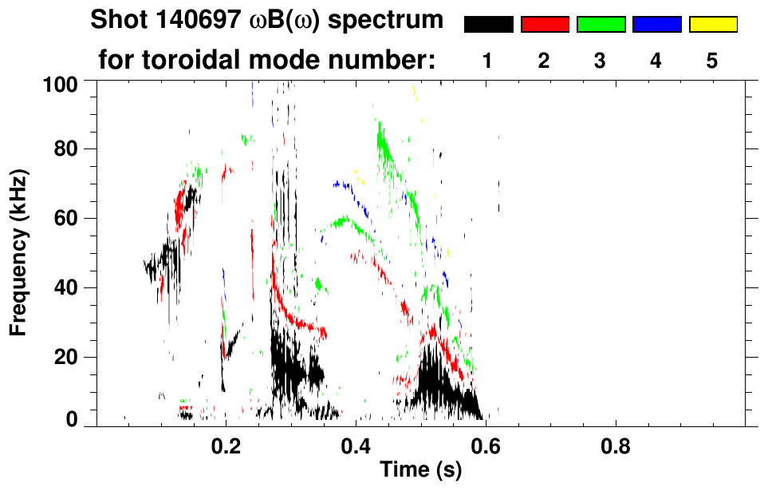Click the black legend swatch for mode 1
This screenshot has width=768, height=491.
coord(489,25)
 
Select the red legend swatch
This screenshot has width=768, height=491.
coord(545,25)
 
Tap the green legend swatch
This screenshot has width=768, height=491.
coord(601,25)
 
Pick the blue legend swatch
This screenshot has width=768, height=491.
coord(656,25)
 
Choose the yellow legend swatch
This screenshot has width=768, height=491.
coord(713,25)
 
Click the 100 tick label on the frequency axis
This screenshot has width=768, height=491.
coord(59,83)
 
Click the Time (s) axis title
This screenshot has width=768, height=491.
coord(419,471)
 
